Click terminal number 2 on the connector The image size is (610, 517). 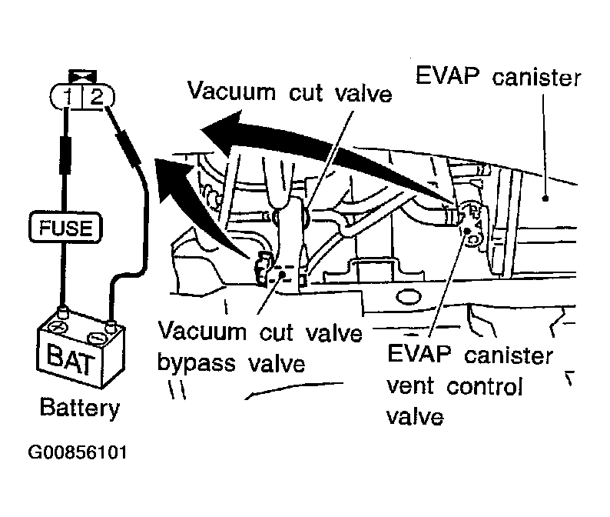pos(95,97)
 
